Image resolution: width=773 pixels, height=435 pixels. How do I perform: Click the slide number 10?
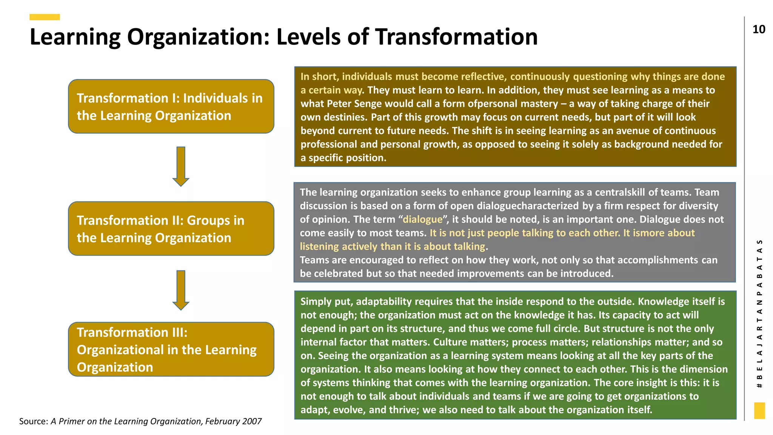(x=759, y=29)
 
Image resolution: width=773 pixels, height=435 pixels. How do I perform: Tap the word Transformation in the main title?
(x=456, y=37)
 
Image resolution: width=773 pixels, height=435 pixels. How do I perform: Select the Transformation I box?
(x=171, y=106)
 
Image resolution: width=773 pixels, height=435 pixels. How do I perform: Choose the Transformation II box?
(x=171, y=229)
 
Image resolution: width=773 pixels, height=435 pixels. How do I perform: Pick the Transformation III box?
(x=171, y=349)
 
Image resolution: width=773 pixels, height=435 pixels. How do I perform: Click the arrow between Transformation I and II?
(x=181, y=166)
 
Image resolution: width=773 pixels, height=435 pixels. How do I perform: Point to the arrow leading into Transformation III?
(x=181, y=290)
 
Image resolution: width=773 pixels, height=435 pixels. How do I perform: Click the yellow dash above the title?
(x=45, y=17)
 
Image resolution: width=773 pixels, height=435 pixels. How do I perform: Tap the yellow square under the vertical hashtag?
(x=759, y=410)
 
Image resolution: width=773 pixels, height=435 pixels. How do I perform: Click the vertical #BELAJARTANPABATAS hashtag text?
(x=759, y=313)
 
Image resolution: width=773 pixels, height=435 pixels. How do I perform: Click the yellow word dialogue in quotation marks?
(x=422, y=219)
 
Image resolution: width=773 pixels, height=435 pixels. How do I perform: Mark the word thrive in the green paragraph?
(x=404, y=410)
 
